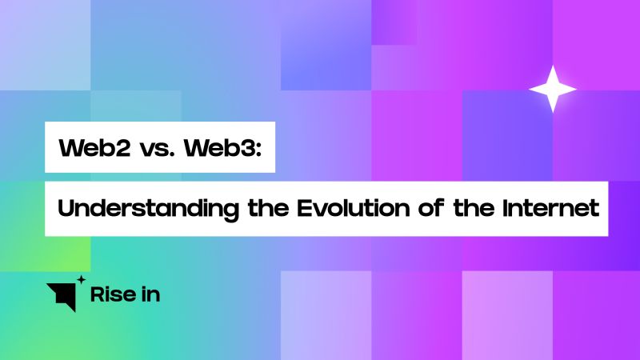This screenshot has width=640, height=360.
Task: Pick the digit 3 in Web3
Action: click(246, 149)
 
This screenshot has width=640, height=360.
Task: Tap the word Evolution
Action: click(342, 210)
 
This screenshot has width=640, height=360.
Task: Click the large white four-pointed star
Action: click(552, 88)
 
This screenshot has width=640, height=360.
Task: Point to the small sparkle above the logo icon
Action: click(80, 279)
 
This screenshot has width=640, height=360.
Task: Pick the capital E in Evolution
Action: click(306, 210)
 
